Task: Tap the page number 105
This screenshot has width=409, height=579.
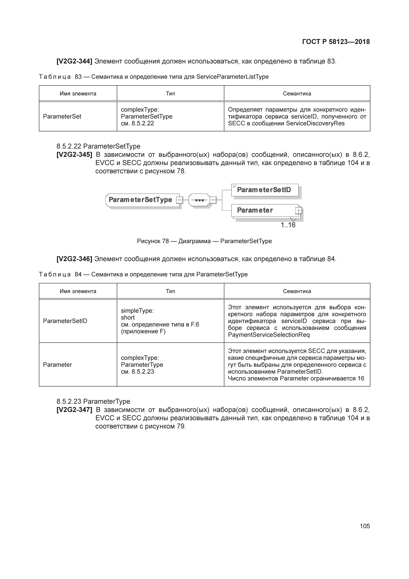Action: pyautogui.click(x=365, y=526)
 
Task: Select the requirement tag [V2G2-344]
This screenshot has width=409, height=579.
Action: pyautogui.click(x=74, y=61)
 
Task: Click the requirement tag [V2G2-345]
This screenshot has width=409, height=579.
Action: pyautogui.click(x=74, y=155)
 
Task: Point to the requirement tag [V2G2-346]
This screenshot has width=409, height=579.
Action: pyautogui.click(x=74, y=259)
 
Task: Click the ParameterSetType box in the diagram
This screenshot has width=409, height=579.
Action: pyautogui.click(x=140, y=200)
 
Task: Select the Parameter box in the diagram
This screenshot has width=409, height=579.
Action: pyautogui.click(x=255, y=210)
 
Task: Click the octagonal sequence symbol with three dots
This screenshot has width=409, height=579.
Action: pyautogui.click(x=199, y=200)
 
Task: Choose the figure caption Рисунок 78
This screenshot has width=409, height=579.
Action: pyautogui.click(x=204, y=241)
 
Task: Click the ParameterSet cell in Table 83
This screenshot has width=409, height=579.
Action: pyautogui.click(x=62, y=117)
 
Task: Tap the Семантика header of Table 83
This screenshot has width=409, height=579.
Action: pyautogui.click(x=297, y=94)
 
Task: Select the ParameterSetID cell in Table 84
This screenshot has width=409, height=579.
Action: pyautogui.click(x=65, y=321)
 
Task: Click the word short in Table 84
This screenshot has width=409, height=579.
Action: pyautogui.click(x=128, y=318)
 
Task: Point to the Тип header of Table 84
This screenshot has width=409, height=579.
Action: pyautogui.click(x=170, y=291)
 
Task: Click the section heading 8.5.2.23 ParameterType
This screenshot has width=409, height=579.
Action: pyautogui.click(x=93, y=401)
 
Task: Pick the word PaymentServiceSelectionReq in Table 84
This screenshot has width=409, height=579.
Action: pyautogui.click(x=269, y=335)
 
